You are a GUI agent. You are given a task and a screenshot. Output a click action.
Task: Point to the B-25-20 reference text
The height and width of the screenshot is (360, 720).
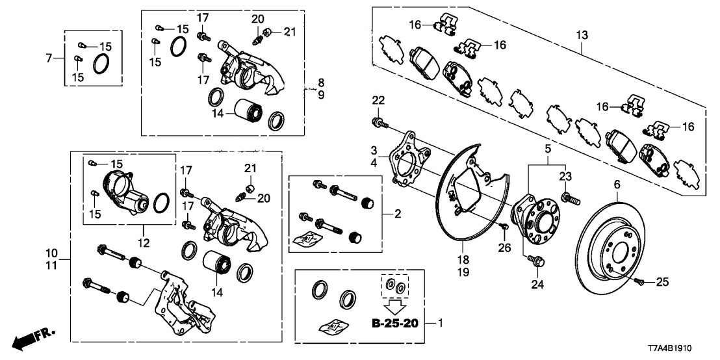[395, 322]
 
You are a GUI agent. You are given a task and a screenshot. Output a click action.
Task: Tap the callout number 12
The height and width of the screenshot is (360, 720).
[143, 243]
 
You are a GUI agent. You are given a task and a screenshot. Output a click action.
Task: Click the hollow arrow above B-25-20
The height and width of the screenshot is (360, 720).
[395, 303]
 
